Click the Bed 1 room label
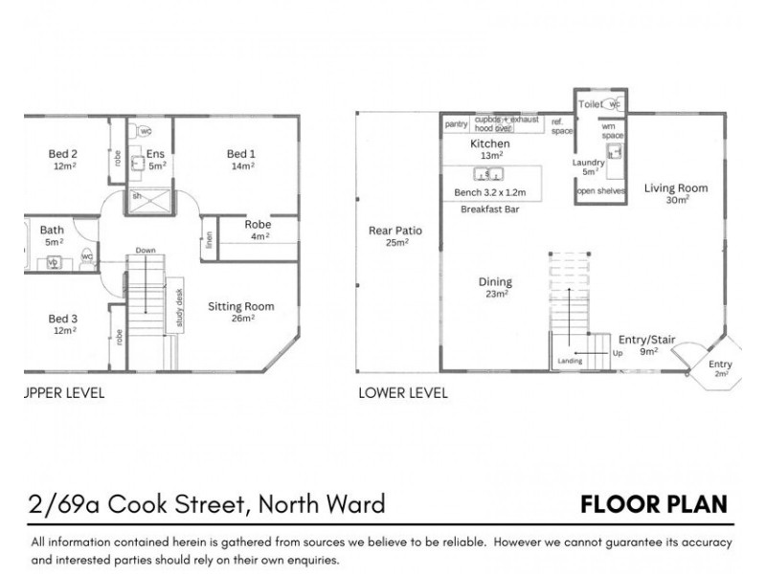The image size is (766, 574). coord(241,154)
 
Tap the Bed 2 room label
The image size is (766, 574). coord(63,154)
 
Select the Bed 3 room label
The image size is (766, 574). coord(63,318)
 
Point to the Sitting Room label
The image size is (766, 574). coord(241,307)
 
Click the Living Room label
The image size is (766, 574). coord(675,188)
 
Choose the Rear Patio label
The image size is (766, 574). coord(395,232)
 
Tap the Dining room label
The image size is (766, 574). coord(496,282)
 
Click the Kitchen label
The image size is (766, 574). coord(489,143)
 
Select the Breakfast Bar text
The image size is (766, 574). coord(489,210)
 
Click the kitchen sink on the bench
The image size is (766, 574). coord(489,174)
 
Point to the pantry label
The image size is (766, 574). coord(456,123)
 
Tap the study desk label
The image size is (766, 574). coord(179,309)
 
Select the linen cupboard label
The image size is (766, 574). coord(209,239)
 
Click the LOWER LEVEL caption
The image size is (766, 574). coord(401,392)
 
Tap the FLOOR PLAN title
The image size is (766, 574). coord(653,504)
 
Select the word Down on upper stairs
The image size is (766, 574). coord(146,251)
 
